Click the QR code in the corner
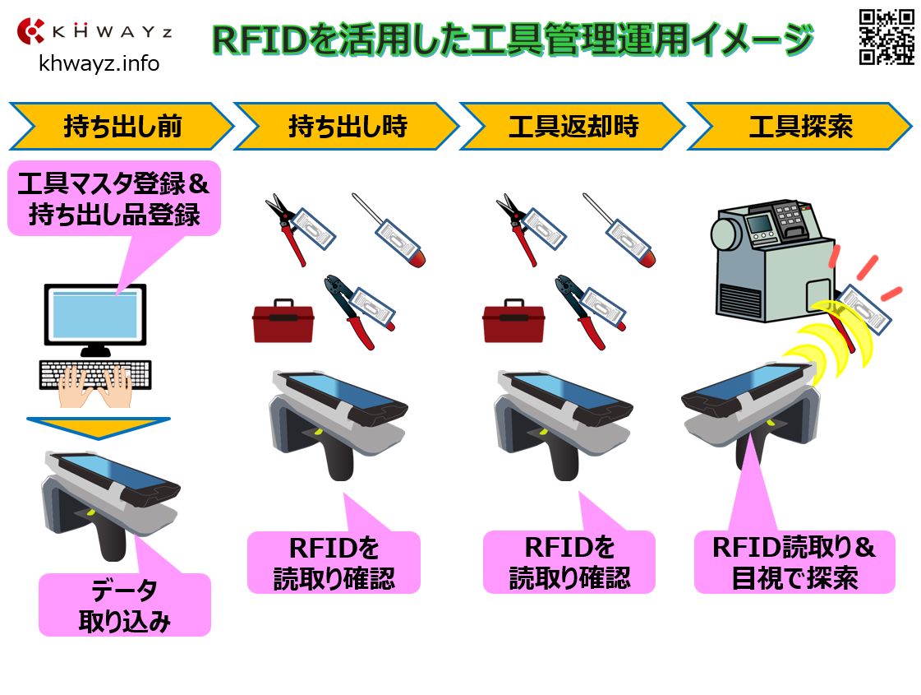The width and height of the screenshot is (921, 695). click(x=886, y=36)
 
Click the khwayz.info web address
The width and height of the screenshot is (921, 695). click(x=99, y=63)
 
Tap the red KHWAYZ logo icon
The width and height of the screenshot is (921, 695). click(x=32, y=31)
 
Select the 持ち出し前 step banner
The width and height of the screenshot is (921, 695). click(x=122, y=127)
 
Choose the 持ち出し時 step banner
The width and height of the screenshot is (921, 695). click(x=347, y=127)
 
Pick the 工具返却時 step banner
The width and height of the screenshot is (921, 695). click(x=573, y=127)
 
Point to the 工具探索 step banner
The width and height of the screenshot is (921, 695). click(x=799, y=127)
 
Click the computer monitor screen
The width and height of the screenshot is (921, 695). click(x=95, y=313)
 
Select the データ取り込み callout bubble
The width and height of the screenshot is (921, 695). click(x=125, y=605)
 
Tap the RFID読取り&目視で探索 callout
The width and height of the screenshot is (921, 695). click(x=794, y=563)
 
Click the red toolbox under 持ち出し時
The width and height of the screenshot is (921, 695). click(x=283, y=321)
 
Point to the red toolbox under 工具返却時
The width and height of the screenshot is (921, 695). click(x=513, y=321)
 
